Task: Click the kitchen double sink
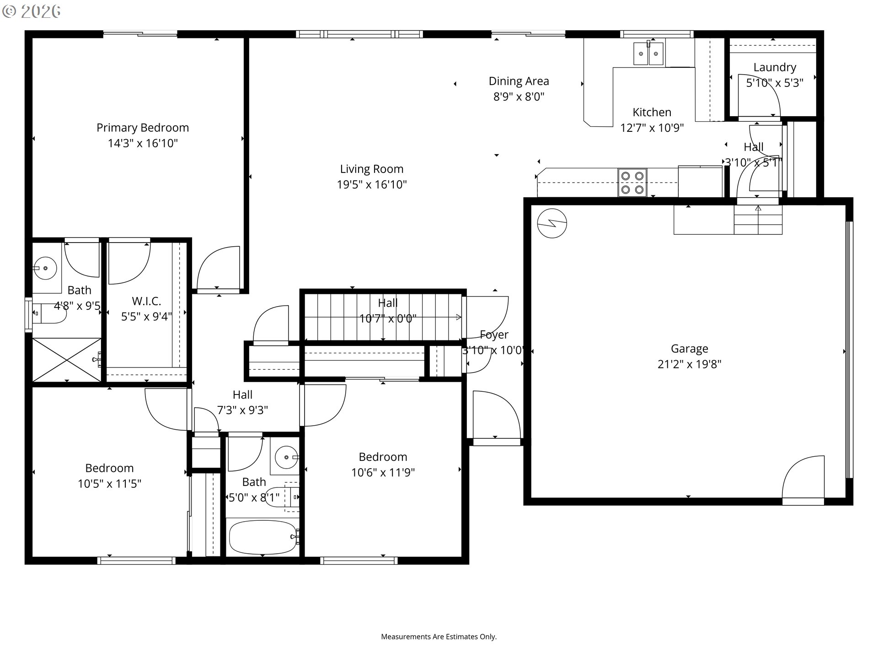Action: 648,54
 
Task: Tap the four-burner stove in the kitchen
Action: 632,183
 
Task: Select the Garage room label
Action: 689,349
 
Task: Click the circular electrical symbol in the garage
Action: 552,224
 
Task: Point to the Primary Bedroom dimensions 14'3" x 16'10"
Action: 143,143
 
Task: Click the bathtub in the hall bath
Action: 262,537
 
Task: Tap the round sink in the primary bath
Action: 45,268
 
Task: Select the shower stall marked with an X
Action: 67,360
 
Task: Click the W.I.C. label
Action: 146,301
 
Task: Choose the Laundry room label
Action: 775,67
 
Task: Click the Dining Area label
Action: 519,81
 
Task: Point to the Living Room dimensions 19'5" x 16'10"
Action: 372,184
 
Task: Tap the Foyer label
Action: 494,335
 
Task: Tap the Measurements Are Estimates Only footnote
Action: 439,637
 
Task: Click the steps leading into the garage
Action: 758,220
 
